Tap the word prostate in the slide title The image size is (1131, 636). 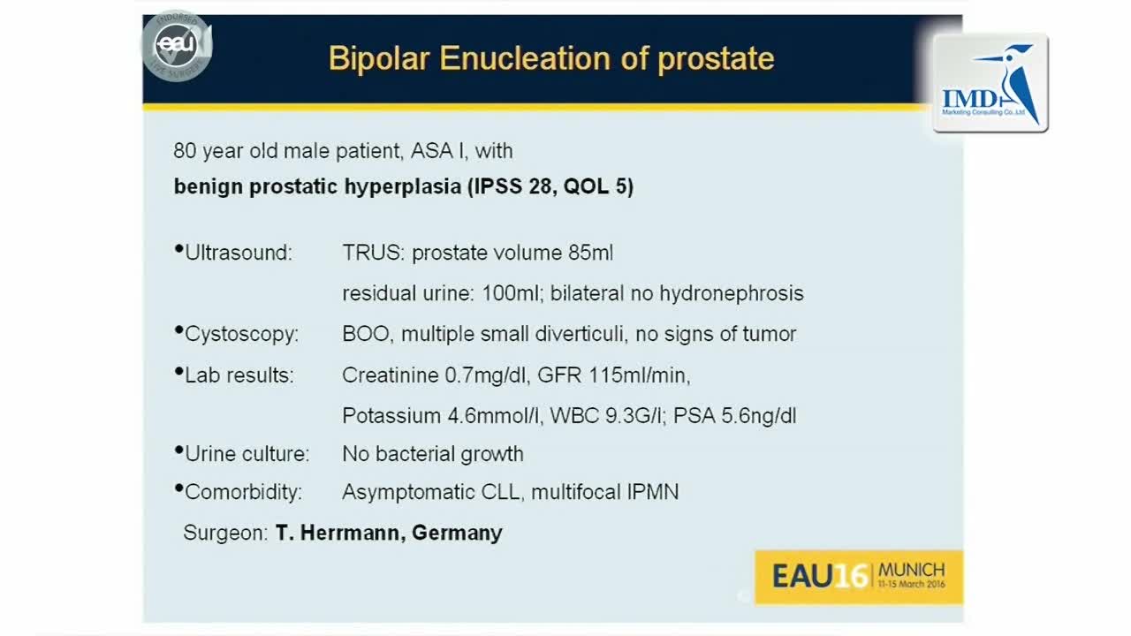tap(716, 60)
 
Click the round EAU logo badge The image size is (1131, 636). tap(177, 45)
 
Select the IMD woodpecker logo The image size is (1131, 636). tap(991, 83)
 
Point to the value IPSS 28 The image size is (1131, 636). tap(513, 186)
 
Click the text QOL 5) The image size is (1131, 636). tap(598, 186)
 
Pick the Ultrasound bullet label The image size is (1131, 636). tap(239, 253)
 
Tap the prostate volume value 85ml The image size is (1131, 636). tap(590, 253)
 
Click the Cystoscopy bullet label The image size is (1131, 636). tap(241, 334)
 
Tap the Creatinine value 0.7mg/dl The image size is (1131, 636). tap(487, 375)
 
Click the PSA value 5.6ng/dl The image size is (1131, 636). tap(758, 416)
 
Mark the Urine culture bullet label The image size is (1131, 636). tap(247, 454)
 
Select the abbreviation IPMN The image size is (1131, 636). tap(653, 492)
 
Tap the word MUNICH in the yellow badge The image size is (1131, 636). tap(911, 571)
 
